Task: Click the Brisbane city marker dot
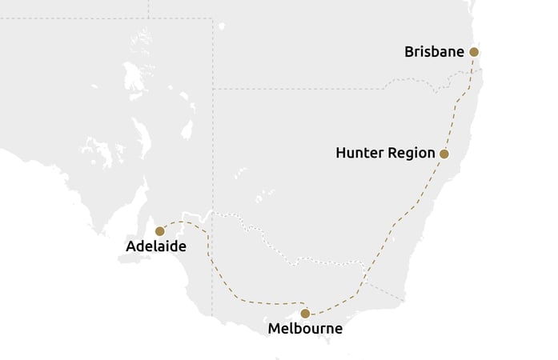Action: coord(474,52)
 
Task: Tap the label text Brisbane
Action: coord(435,52)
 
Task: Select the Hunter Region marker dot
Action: coord(444,154)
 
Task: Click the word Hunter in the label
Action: coord(359,154)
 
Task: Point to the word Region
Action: coord(411,154)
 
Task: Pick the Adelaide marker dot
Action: coord(159,230)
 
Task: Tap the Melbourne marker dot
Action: coord(305,314)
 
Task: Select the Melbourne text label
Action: coord(305,329)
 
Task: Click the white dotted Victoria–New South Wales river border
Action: coord(272,240)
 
